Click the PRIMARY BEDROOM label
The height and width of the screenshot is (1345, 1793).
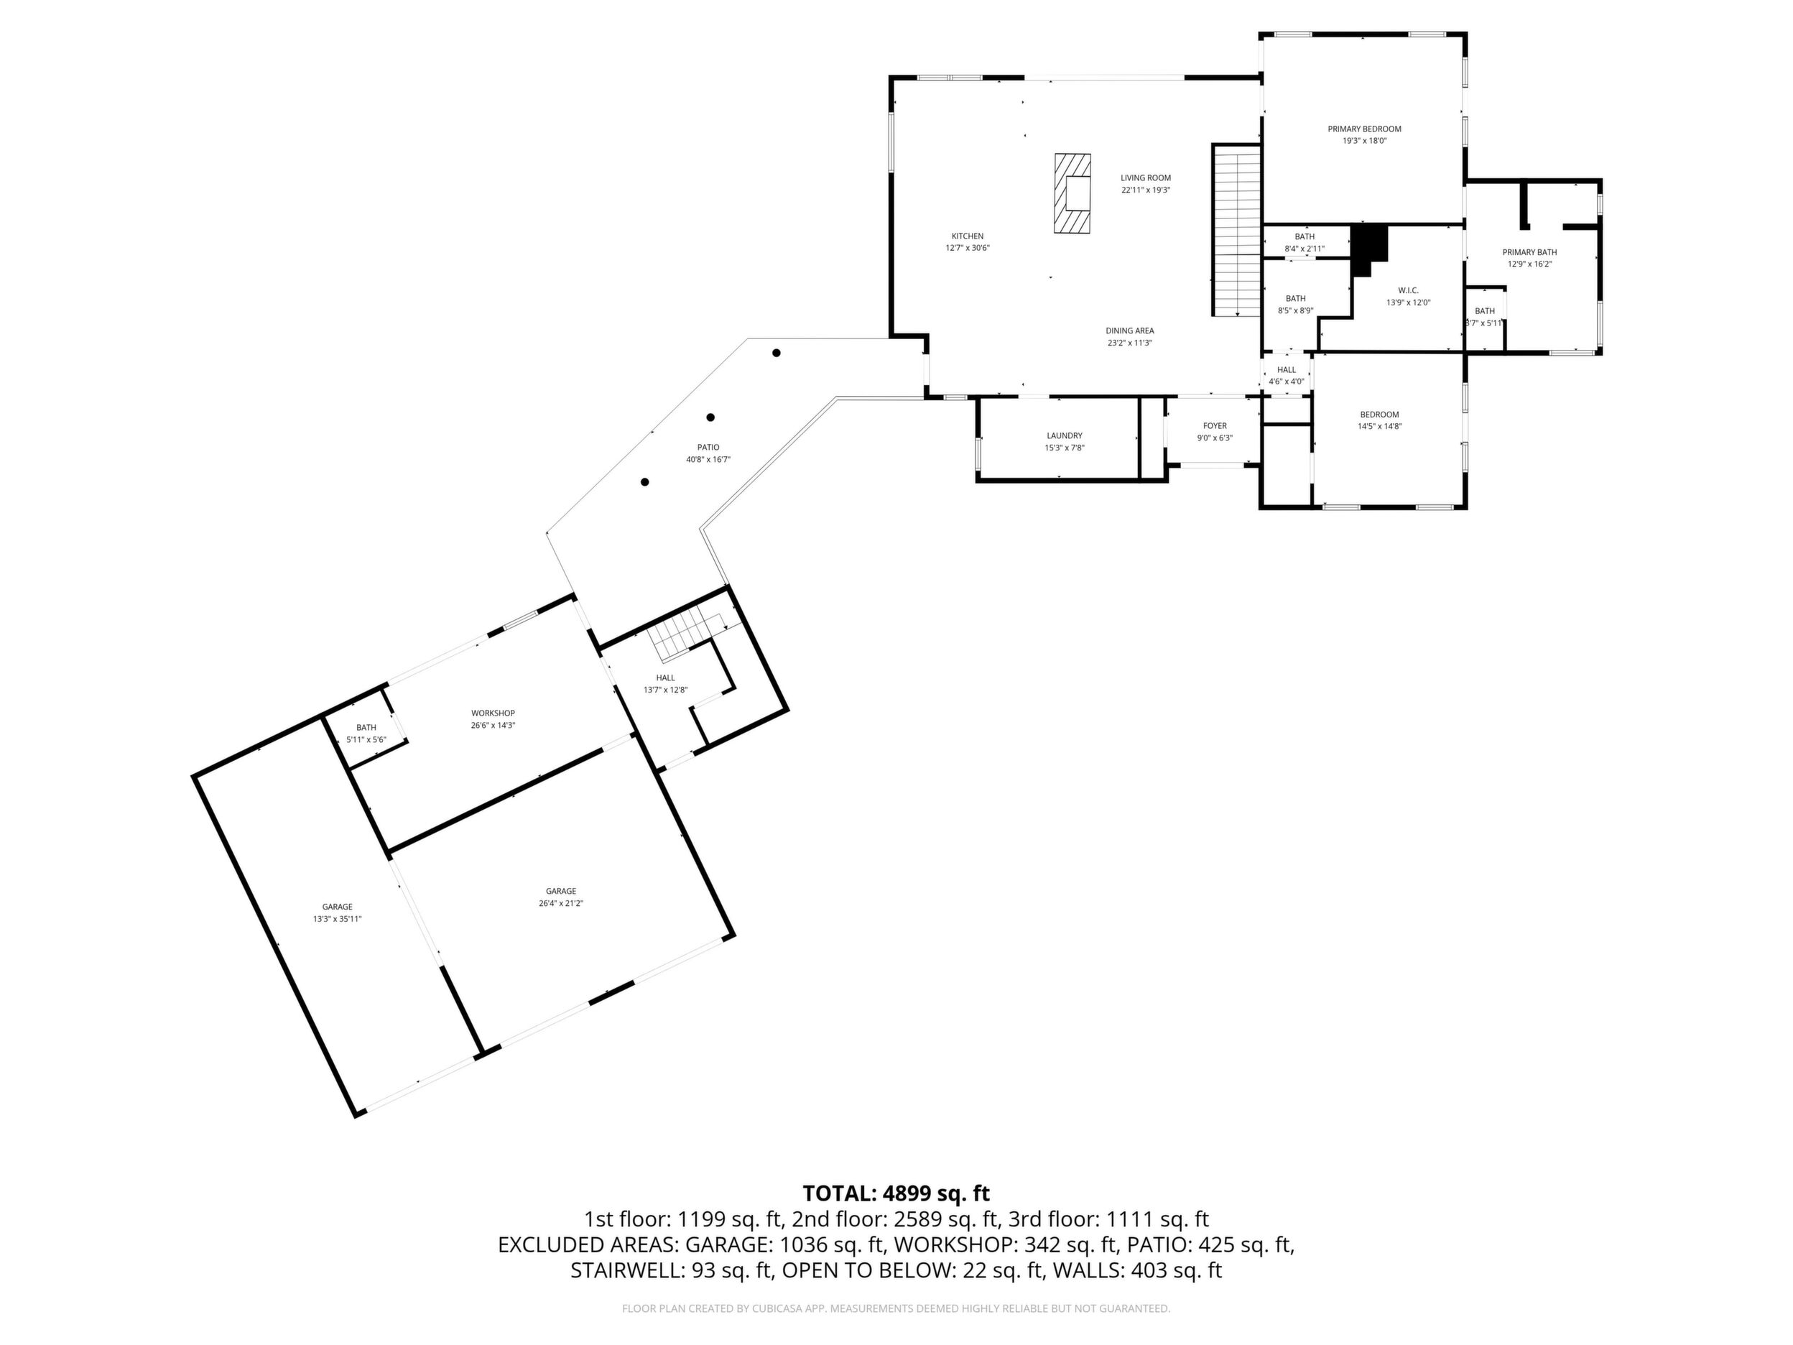pyautogui.click(x=1364, y=129)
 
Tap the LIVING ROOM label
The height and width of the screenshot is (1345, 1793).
pyautogui.click(x=1145, y=178)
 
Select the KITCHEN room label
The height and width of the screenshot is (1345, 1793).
pyautogui.click(x=967, y=236)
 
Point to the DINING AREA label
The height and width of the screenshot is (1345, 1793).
pyautogui.click(x=1130, y=331)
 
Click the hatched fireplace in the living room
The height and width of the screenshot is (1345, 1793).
pyautogui.click(x=1072, y=193)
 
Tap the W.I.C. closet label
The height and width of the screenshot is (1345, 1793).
pyautogui.click(x=1408, y=291)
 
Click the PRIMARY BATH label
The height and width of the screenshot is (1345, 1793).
pyautogui.click(x=1529, y=252)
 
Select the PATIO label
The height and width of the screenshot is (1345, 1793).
pyautogui.click(x=708, y=448)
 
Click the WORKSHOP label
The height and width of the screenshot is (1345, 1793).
pyautogui.click(x=493, y=713)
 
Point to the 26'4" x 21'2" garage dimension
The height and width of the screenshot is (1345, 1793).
pyautogui.click(x=561, y=903)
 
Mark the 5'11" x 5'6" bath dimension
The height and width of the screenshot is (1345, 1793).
pyautogui.click(x=366, y=739)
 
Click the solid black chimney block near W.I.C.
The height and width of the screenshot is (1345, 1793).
pyautogui.click(x=1368, y=247)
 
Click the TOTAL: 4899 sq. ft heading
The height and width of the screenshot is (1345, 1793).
pyautogui.click(x=896, y=1193)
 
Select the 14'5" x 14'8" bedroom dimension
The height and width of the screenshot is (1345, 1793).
pyautogui.click(x=1380, y=427)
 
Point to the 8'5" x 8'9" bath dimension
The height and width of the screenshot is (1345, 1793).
pyautogui.click(x=1295, y=310)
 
